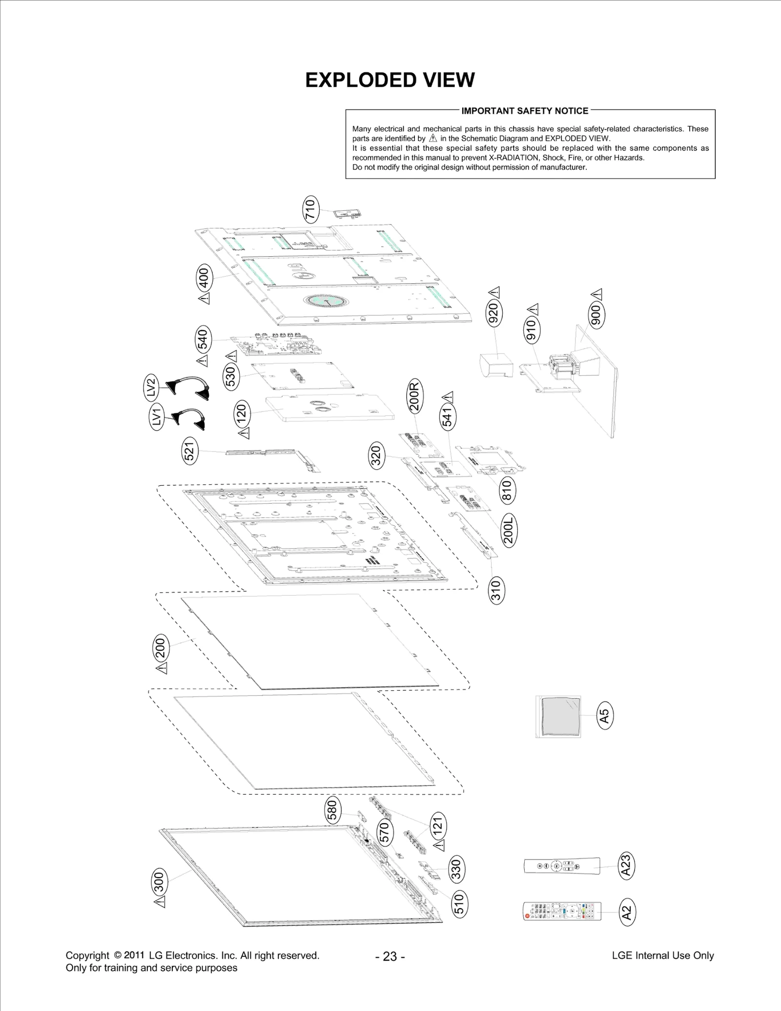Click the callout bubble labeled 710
(310, 209)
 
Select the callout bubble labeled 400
(204, 277)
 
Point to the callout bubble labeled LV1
(156, 417)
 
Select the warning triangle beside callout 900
(597, 295)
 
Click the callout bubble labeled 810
(507, 490)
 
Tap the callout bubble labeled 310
(495, 590)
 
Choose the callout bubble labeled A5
(605, 716)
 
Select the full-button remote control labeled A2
(562, 911)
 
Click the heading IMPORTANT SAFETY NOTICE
(525, 111)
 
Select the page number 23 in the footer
(390, 956)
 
